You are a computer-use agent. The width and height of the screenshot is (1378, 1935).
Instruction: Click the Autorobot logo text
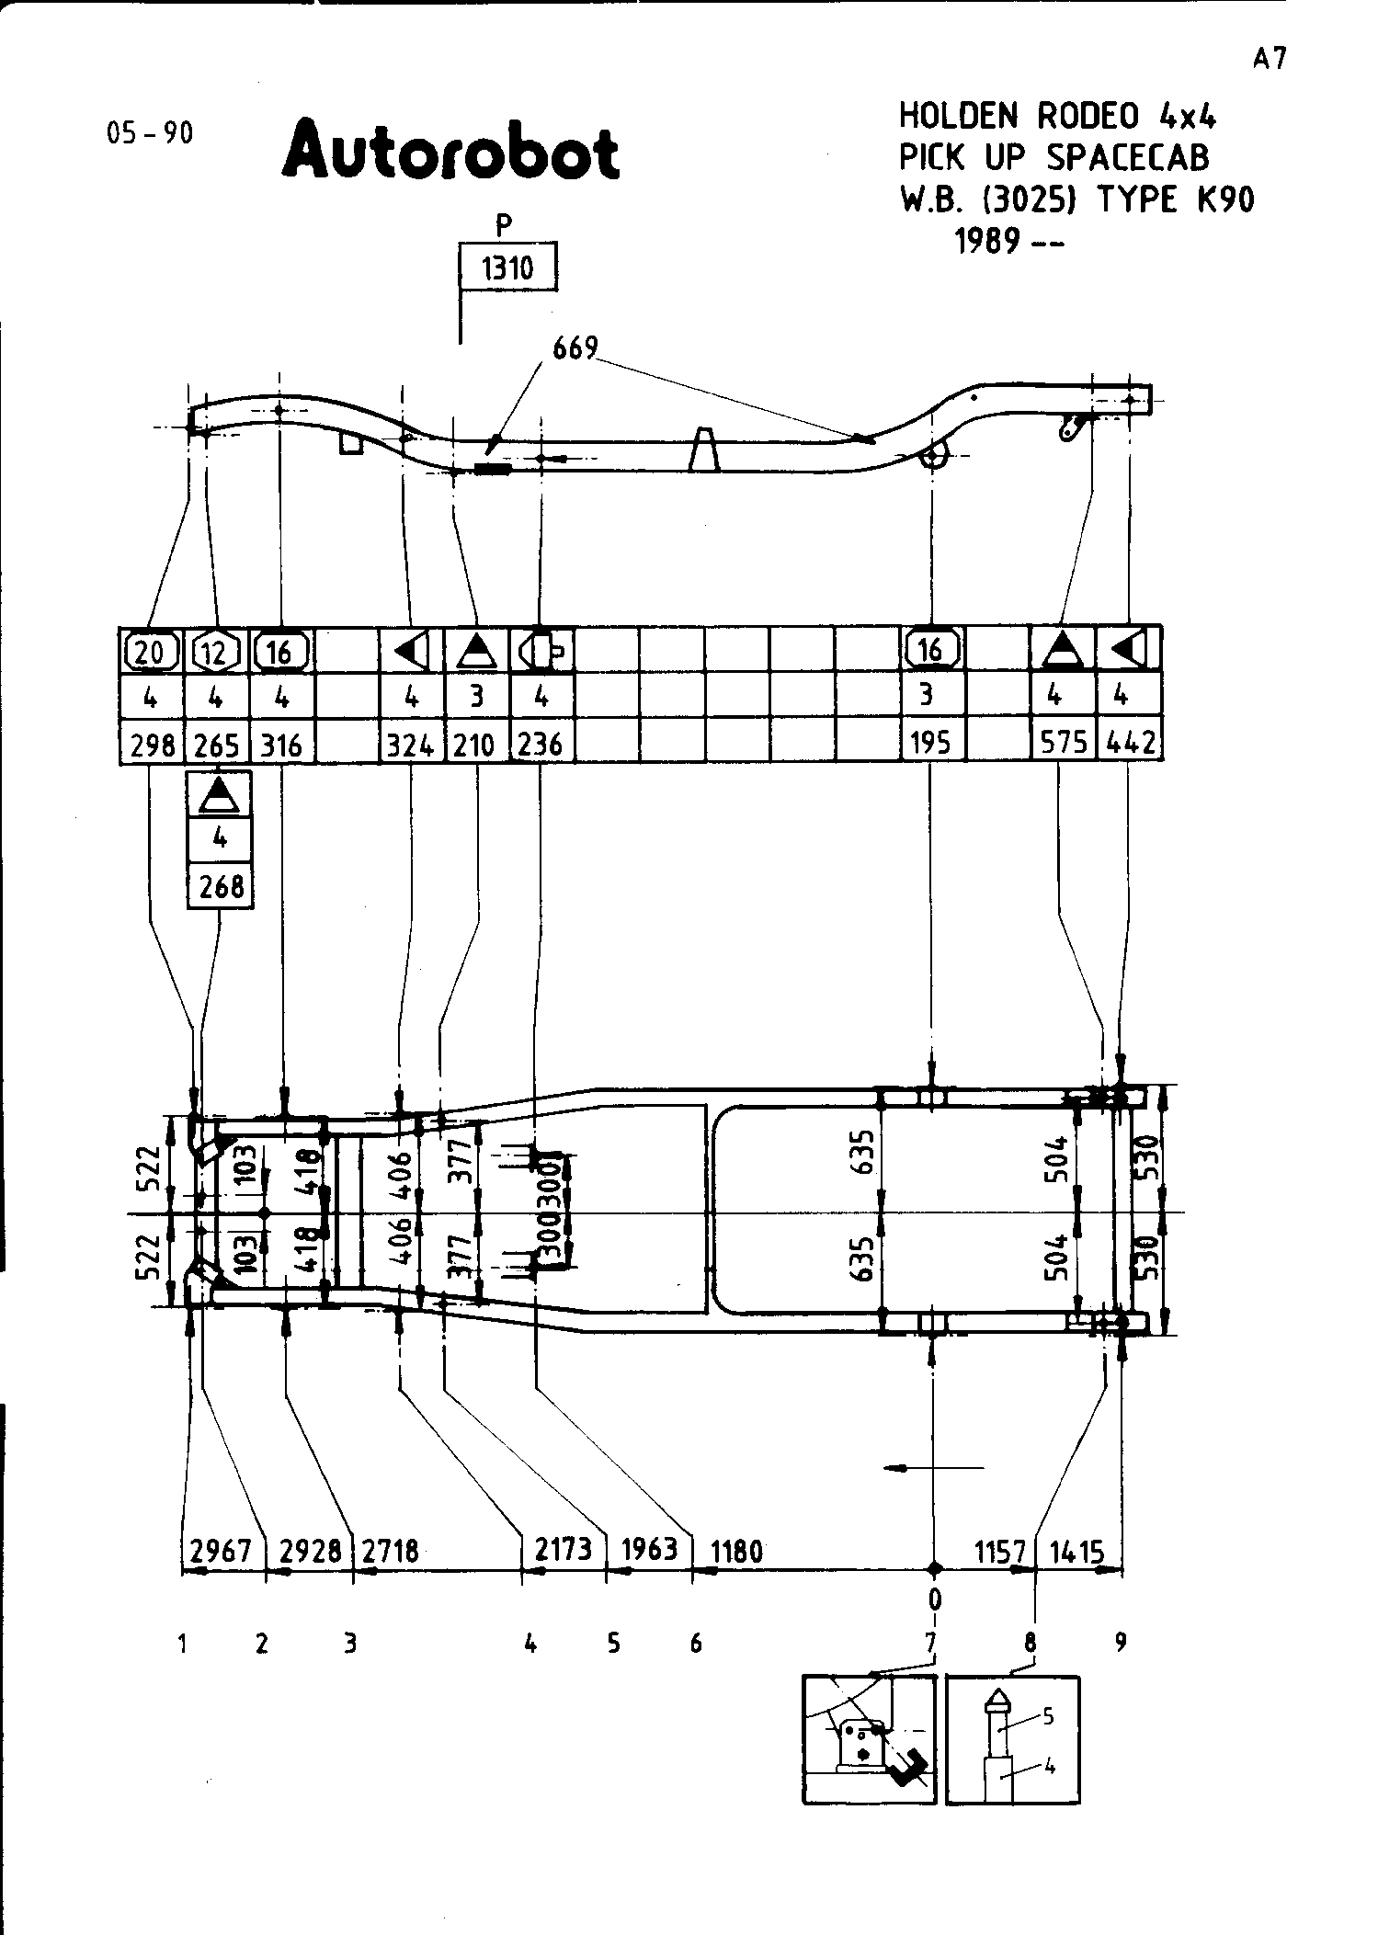[x=450, y=152]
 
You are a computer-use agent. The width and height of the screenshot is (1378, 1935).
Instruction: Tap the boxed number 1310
[x=507, y=268]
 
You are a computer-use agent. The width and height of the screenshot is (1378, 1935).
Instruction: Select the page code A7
[x=1269, y=59]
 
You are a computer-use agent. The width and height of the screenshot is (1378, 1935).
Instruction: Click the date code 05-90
[x=151, y=133]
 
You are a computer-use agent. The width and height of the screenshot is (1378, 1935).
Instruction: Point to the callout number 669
[x=575, y=348]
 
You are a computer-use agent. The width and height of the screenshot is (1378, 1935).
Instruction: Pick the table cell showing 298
[x=152, y=744]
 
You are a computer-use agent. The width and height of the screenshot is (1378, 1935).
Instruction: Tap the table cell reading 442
[x=1130, y=743]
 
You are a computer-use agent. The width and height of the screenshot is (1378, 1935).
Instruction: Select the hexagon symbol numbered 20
[x=151, y=652]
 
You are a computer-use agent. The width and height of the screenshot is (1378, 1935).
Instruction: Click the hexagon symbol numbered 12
[x=215, y=652]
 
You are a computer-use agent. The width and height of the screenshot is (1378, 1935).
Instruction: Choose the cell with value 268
[x=221, y=887]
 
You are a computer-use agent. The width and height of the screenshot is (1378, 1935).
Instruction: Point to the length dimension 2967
[x=221, y=1551]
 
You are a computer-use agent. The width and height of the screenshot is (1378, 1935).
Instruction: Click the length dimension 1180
[x=737, y=1552]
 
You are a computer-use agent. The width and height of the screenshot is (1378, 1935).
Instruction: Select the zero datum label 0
[x=934, y=1599]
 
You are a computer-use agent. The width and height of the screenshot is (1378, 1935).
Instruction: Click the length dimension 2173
[x=563, y=1550]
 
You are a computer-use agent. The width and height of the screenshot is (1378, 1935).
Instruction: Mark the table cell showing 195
[x=930, y=743]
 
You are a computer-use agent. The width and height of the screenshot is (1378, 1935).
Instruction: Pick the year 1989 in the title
[x=987, y=242]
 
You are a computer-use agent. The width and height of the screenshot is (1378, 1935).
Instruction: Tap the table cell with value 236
[x=541, y=743]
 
